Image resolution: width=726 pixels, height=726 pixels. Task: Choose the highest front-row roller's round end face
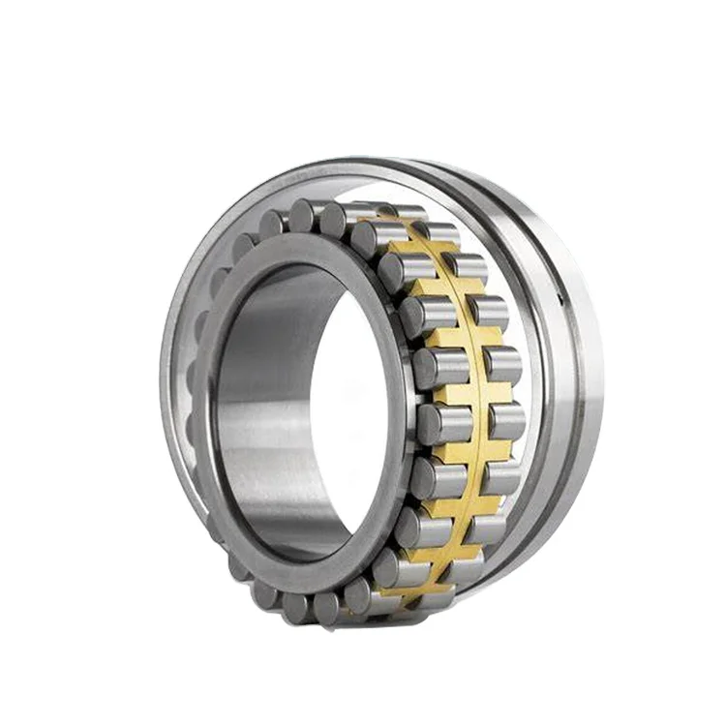[x=308, y=215]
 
